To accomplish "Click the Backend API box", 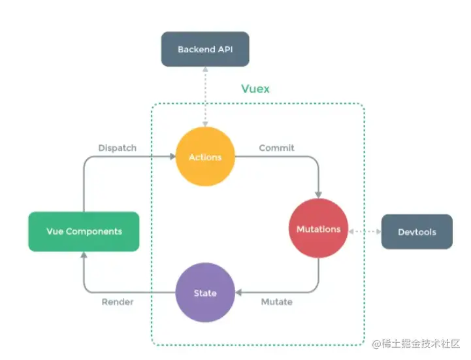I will coord(205,49).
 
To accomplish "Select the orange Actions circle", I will coord(205,157).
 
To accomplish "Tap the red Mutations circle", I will coord(318,229).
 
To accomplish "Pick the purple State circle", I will coord(205,293).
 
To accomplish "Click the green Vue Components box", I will coord(84,231).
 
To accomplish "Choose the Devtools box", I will coord(417,231).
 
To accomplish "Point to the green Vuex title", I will coord(255,88).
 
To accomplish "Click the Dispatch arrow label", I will coord(117,148).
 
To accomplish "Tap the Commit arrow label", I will coord(276,148).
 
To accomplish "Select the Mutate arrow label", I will coord(276,302).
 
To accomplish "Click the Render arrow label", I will coord(118,302).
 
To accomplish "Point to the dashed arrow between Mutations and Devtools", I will coord(364,231).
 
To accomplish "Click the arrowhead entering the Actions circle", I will coord(172,157).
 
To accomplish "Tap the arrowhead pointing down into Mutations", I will coord(318,194).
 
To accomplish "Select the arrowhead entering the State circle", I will coord(238,293).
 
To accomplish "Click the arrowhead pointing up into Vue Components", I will coord(84,255).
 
